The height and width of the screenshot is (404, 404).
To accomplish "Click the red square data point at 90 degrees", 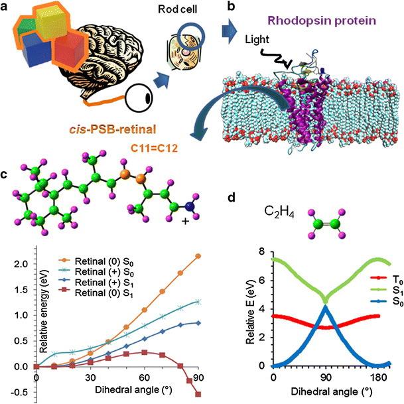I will click(198, 375).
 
